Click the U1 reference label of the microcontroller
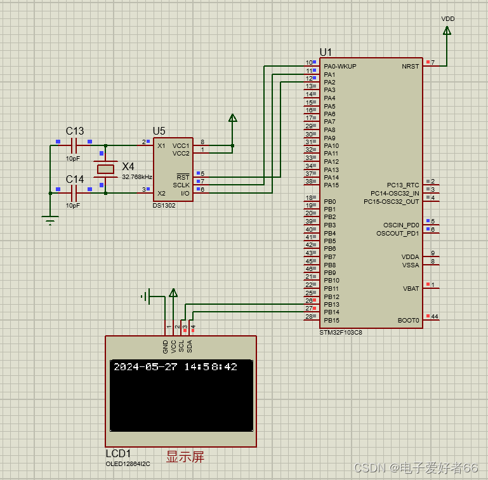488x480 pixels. pos(326,52)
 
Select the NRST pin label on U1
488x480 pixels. pos(410,66)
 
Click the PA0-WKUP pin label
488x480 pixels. pos(340,66)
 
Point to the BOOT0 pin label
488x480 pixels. pos(408,321)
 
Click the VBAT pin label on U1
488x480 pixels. pos(411,288)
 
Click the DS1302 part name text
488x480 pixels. pos(164,205)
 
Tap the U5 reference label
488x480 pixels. pos(159,131)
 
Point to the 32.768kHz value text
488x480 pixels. pos(136,177)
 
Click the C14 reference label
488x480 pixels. pos(75,179)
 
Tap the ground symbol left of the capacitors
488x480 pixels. pos(50,220)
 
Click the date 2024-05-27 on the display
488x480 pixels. pos(145,367)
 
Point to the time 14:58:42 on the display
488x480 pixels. pos(211,367)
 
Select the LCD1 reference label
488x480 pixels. pos(118,454)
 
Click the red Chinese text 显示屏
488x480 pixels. pos(185,456)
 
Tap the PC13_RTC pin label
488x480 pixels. pos(403,185)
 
